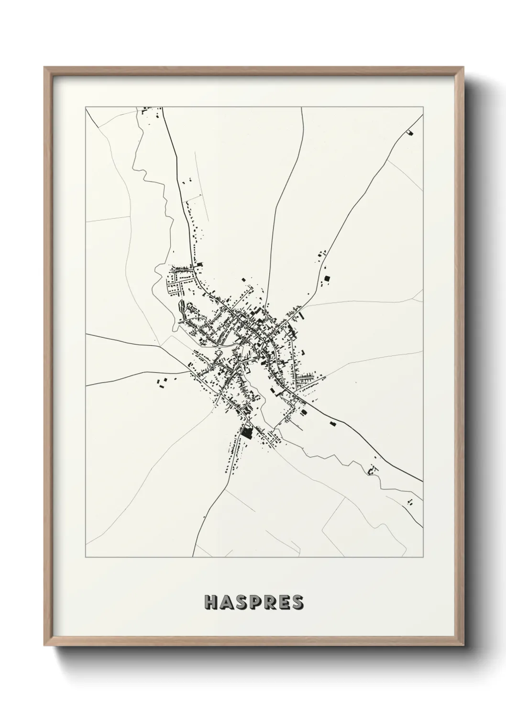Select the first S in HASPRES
pyautogui.click(x=240, y=602)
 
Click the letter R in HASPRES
pyautogui.click(x=269, y=602)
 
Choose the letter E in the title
pyautogui.click(x=284, y=602)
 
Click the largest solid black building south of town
pyautogui.click(x=247, y=433)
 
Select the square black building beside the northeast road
pyautogui.click(x=327, y=278)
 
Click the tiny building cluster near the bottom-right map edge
pyautogui.click(x=409, y=501)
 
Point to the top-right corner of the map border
pyautogui.click(x=423, y=107)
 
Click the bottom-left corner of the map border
pyautogui.click(x=86, y=557)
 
